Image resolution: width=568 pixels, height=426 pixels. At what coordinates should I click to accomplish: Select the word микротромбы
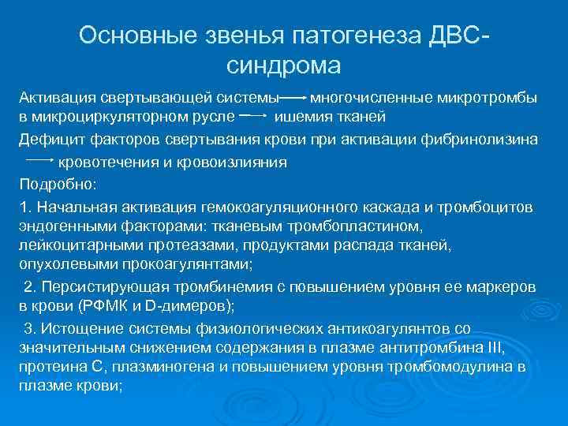(495, 99)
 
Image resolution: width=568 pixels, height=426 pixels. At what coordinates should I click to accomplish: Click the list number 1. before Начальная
(25, 207)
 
